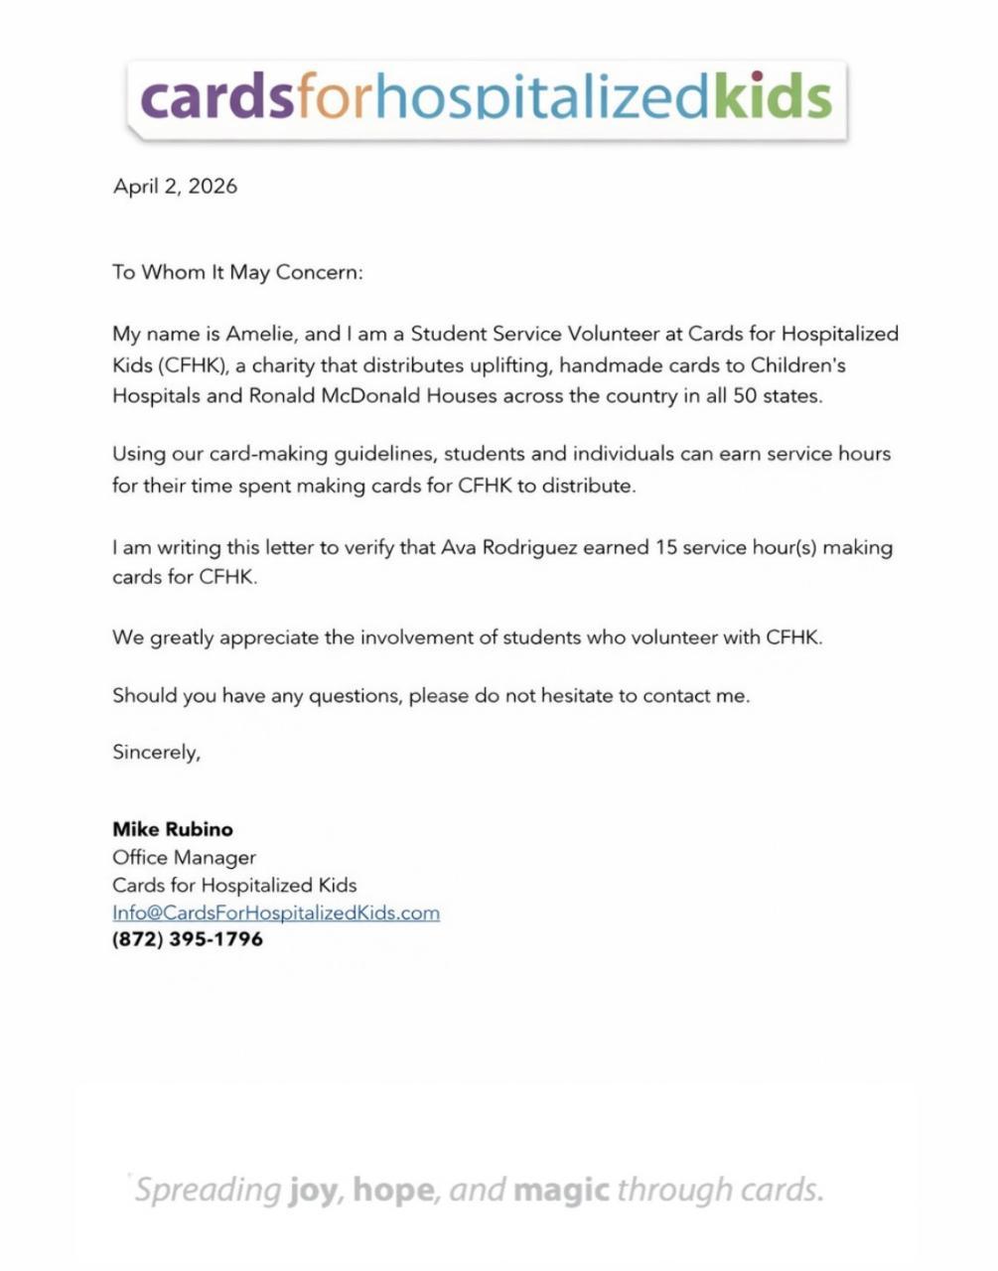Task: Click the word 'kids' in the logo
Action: pos(772,97)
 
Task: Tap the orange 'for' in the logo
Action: pos(333,97)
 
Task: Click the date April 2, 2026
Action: pos(175,186)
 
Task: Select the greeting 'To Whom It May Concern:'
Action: pos(237,272)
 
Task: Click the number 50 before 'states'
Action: pos(745,395)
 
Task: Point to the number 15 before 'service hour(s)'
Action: pos(666,547)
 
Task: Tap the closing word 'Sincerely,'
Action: pos(156,752)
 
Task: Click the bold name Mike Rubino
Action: pos(173,829)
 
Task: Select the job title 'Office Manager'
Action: pos(184,857)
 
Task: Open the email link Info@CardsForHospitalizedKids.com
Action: pos(275,913)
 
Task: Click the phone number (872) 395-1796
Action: pos(188,939)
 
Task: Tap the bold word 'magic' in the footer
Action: pos(561,1189)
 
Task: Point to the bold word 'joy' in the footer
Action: pos(311,1190)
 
